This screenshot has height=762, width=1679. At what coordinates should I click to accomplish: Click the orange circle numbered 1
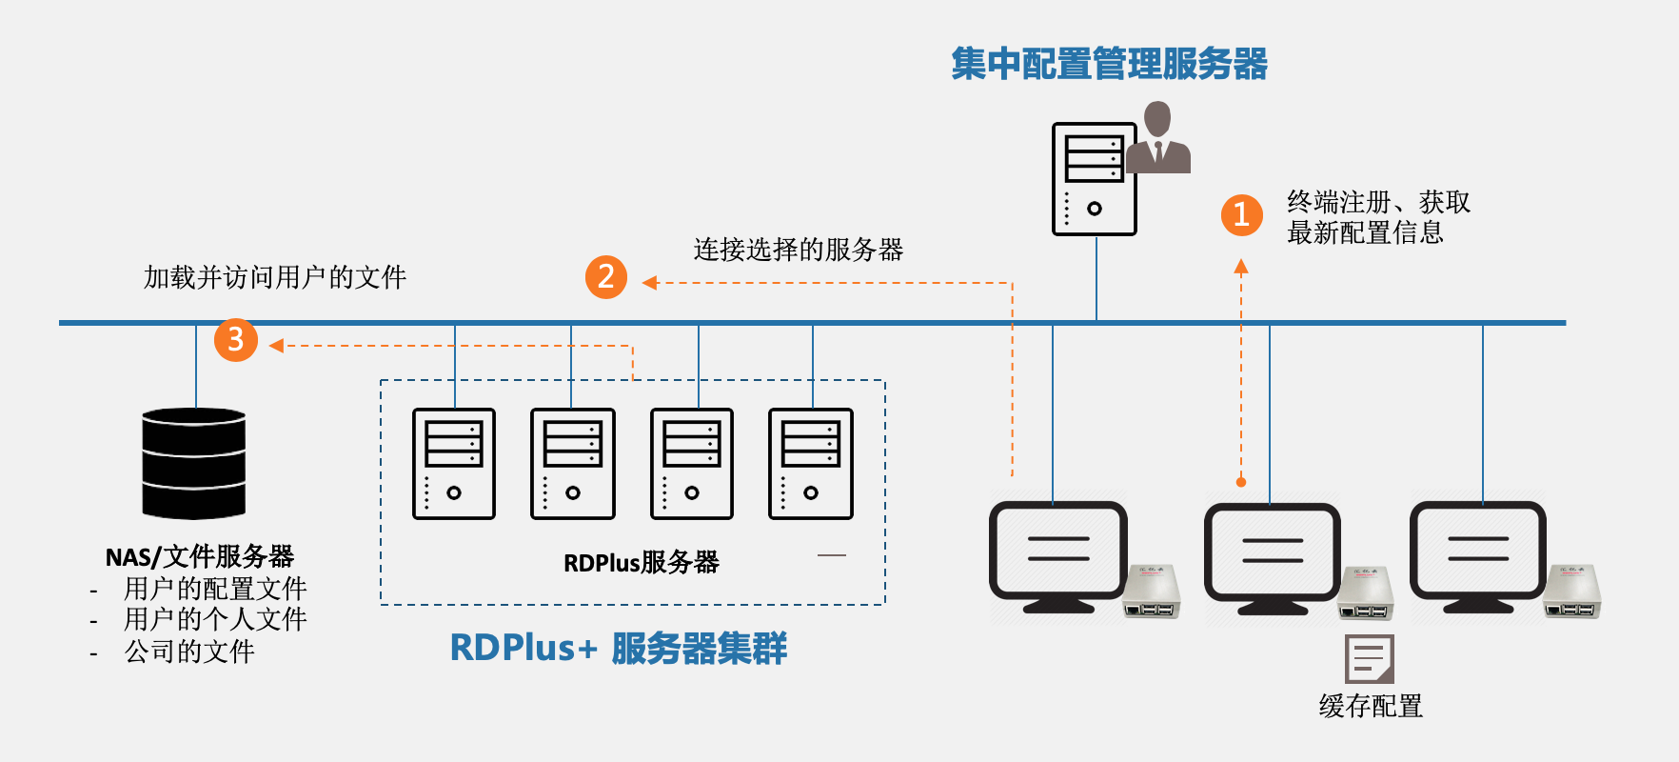(1241, 215)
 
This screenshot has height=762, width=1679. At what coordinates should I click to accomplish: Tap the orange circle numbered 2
(606, 277)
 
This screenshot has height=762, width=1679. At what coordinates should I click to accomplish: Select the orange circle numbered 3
(236, 340)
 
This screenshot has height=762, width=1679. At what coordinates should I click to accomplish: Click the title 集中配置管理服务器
(1109, 64)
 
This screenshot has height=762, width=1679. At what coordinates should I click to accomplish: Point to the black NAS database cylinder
(194, 464)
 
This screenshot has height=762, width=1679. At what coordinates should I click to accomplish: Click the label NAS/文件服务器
(200, 556)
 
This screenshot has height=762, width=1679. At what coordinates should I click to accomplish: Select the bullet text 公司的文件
(189, 652)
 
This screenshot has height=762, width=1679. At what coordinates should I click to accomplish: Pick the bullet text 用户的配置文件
(215, 589)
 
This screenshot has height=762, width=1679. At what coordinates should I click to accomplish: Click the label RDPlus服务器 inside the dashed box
(641, 563)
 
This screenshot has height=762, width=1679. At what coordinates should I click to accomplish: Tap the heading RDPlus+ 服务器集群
(619, 649)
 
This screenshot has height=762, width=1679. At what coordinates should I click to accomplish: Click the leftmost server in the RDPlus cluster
(454, 464)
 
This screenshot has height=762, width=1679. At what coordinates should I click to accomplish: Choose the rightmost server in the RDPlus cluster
(811, 464)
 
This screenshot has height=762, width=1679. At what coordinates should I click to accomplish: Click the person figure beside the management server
(1158, 140)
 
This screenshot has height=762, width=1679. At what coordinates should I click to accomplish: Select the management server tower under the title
(1094, 179)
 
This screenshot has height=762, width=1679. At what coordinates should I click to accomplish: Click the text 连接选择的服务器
(798, 250)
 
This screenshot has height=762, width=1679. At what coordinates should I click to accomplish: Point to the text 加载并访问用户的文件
(275, 277)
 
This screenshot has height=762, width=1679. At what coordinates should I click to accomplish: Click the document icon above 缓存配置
(1369, 658)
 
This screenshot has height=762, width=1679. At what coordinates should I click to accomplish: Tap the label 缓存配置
(1371, 706)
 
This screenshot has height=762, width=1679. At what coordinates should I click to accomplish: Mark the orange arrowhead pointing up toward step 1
(1241, 267)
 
